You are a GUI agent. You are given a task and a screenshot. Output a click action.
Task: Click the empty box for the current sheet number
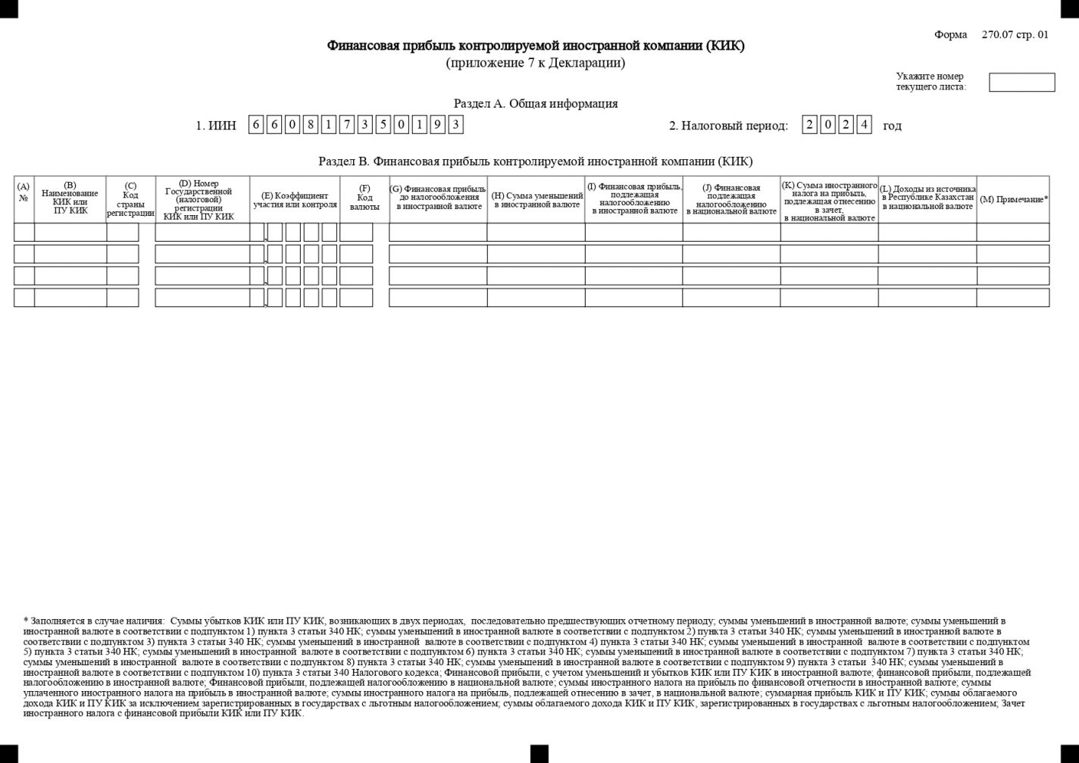[x=1021, y=83]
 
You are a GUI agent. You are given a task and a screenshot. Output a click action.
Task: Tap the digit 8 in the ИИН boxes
[x=310, y=125]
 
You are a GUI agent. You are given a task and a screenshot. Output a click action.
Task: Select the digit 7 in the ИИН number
[x=346, y=125]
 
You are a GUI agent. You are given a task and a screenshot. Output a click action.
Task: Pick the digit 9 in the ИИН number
[x=437, y=125]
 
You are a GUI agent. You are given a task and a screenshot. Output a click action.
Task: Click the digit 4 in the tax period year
[x=864, y=125]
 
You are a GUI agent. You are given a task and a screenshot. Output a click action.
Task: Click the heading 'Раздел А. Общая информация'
[x=535, y=104]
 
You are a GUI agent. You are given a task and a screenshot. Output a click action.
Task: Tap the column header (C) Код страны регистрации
[x=130, y=199]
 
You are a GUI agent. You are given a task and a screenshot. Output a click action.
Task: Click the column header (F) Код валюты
[x=364, y=198]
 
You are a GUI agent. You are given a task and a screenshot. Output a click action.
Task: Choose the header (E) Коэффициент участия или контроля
[x=295, y=200]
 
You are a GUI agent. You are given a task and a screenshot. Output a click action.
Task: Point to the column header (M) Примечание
[x=1013, y=199]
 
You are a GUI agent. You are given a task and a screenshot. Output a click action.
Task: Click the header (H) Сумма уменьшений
[x=536, y=200]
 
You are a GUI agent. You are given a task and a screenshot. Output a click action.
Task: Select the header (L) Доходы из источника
[x=927, y=198]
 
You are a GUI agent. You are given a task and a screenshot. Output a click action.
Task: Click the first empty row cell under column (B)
[x=70, y=233]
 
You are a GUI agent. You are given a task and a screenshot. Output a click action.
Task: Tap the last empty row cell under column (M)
[x=1012, y=298]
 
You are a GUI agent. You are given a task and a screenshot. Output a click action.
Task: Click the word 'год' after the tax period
[x=892, y=126]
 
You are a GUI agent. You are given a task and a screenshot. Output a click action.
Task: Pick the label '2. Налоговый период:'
[x=728, y=126]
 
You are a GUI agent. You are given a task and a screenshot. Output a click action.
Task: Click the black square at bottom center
[x=539, y=753]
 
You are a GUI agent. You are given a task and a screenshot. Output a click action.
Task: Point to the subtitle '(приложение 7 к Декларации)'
[x=535, y=63]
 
